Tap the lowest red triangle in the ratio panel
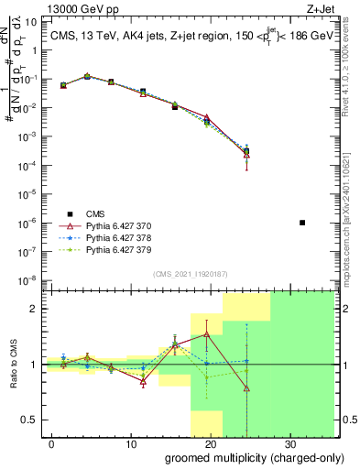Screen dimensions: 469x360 point(246,388)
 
